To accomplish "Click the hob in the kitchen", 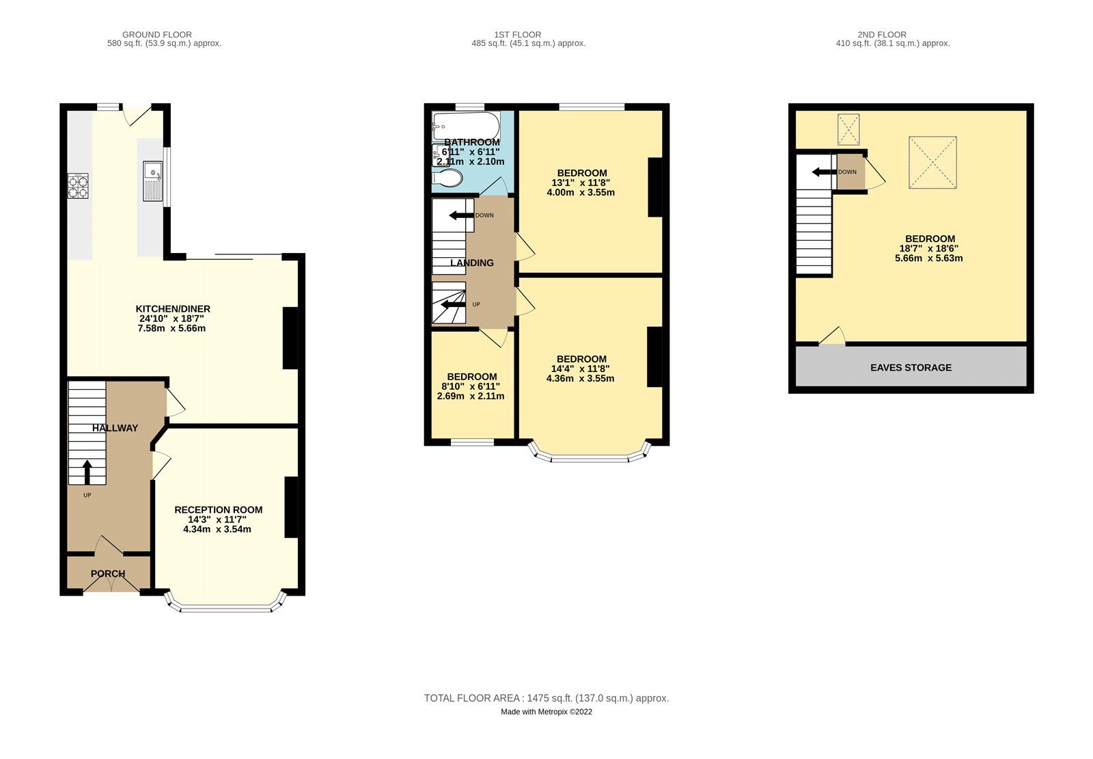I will pyautogui.click(x=79, y=186).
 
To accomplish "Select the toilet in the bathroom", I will pyautogui.click(x=447, y=178).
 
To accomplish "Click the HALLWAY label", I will pyautogui.click(x=115, y=428).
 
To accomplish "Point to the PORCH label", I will pyautogui.click(x=108, y=574).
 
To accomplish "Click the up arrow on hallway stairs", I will pyautogui.click(x=87, y=472).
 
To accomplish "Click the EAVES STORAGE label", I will pyautogui.click(x=911, y=368).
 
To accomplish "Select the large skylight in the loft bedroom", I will pyautogui.click(x=932, y=162).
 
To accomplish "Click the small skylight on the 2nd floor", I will pyautogui.click(x=848, y=130).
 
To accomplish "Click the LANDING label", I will pyautogui.click(x=472, y=263).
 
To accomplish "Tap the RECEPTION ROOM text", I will pyautogui.click(x=218, y=510).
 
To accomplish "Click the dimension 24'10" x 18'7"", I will pyautogui.click(x=171, y=319).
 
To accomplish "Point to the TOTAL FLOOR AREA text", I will pyautogui.click(x=546, y=698).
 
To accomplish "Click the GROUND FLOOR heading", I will pyautogui.click(x=156, y=34).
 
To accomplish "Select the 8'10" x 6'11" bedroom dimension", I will pyautogui.click(x=471, y=386).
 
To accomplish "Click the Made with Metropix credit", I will pyautogui.click(x=546, y=712).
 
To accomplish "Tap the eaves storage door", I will pyautogui.click(x=833, y=336).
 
